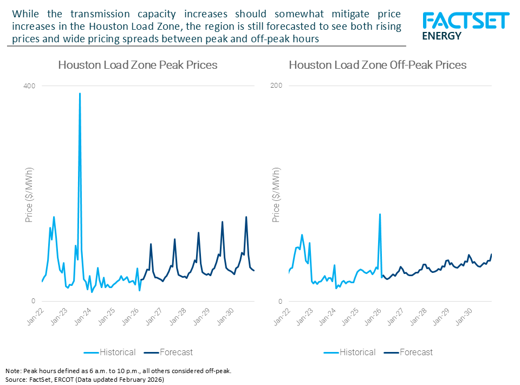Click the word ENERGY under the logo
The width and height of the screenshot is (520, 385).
(x=441, y=36)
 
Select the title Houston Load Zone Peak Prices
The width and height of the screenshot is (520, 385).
(x=138, y=65)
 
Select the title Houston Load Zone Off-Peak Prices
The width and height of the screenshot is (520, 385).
(x=378, y=65)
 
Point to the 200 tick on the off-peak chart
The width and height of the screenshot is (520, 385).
(x=276, y=86)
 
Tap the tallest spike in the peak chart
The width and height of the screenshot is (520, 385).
(x=80, y=94)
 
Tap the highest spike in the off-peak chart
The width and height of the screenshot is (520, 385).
(x=380, y=214)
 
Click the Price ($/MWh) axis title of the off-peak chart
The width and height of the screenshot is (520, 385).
(x=276, y=197)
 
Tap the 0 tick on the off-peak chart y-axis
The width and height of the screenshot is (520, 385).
(x=280, y=301)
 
